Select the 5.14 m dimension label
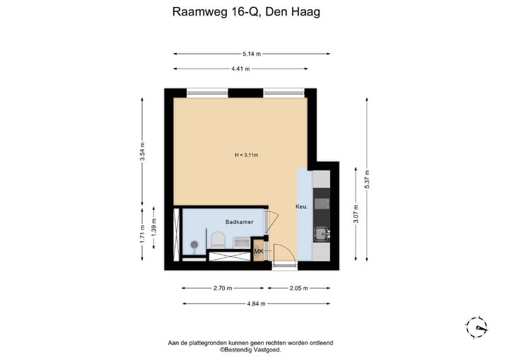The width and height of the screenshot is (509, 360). (x=251, y=54)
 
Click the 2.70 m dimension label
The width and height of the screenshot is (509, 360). (x=222, y=289)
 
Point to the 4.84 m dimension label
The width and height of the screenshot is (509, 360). (x=255, y=303)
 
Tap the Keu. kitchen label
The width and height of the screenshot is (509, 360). (x=300, y=207)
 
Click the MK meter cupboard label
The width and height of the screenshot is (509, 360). (x=259, y=251)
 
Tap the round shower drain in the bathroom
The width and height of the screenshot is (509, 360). (x=192, y=244)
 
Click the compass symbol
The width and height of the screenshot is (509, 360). (x=476, y=327)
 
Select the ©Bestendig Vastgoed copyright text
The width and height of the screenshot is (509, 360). (x=250, y=349)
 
